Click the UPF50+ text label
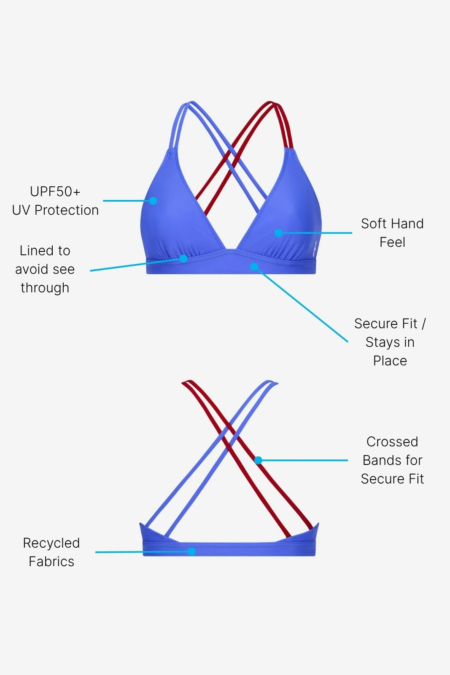(x=55, y=192)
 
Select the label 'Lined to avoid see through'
(x=45, y=269)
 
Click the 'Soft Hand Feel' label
(x=392, y=232)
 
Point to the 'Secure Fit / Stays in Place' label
(x=390, y=342)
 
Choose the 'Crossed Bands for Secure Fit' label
(x=392, y=460)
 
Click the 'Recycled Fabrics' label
(x=51, y=552)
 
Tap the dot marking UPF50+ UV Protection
(x=153, y=201)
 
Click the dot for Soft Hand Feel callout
(x=278, y=233)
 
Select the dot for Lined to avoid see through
(x=183, y=259)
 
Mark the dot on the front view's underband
(x=254, y=267)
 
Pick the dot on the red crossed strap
(x=259, y=460)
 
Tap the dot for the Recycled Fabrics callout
(x=191, y=551)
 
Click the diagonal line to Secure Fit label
(x=302, y=305)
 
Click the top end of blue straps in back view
(x=272, y=382)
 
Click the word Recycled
(x=51, y=543)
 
